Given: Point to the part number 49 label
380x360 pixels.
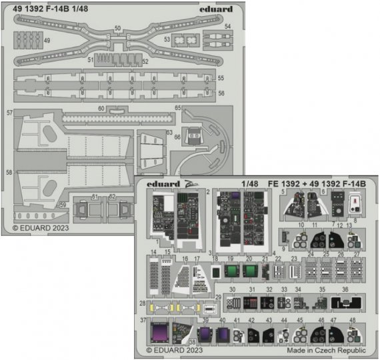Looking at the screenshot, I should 47,41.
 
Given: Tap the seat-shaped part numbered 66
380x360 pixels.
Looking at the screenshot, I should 193,135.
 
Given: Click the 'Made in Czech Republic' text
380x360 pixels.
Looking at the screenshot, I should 326,350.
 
